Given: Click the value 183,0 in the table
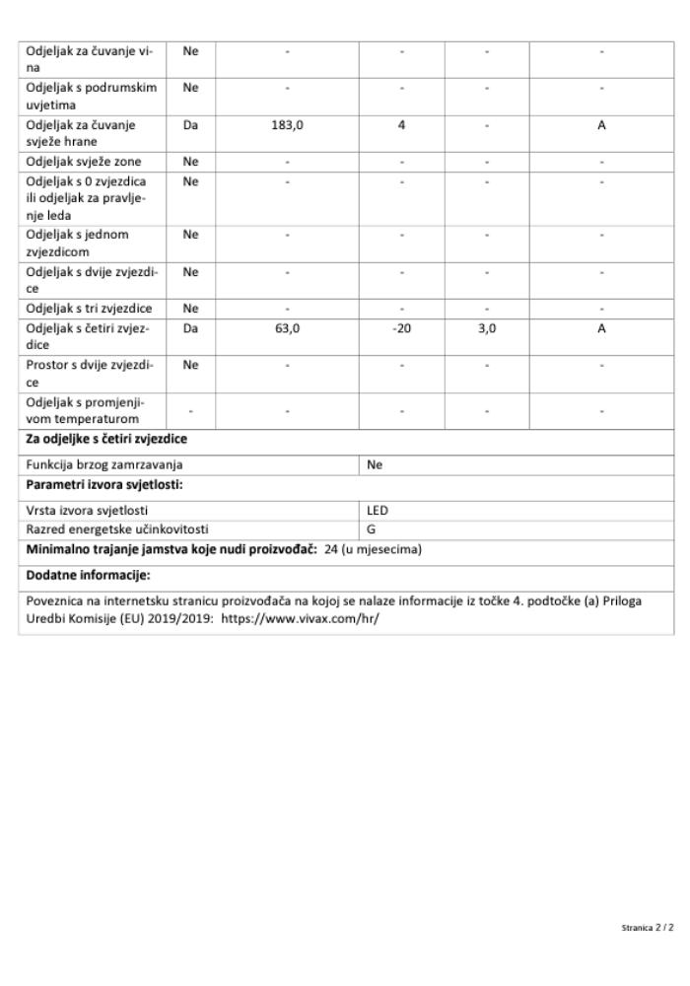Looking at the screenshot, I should (287, 125).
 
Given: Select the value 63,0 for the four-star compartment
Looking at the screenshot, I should (287, 328).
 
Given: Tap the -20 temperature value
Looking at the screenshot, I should (401, 328).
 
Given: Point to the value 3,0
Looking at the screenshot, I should (487, 328).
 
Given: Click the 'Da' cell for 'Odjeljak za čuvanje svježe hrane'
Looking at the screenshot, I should (191, 125).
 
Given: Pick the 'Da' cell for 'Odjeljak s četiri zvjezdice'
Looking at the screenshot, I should (191, 328).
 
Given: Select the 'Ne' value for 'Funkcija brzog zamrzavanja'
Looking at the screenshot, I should (375, 464).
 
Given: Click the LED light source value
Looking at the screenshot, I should (378, 511).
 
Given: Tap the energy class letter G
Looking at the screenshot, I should (372, 528).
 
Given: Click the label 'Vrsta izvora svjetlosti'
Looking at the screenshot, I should (88, 511).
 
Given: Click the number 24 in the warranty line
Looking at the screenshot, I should (331, 549).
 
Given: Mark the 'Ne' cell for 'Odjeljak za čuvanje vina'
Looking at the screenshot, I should (191, 50).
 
